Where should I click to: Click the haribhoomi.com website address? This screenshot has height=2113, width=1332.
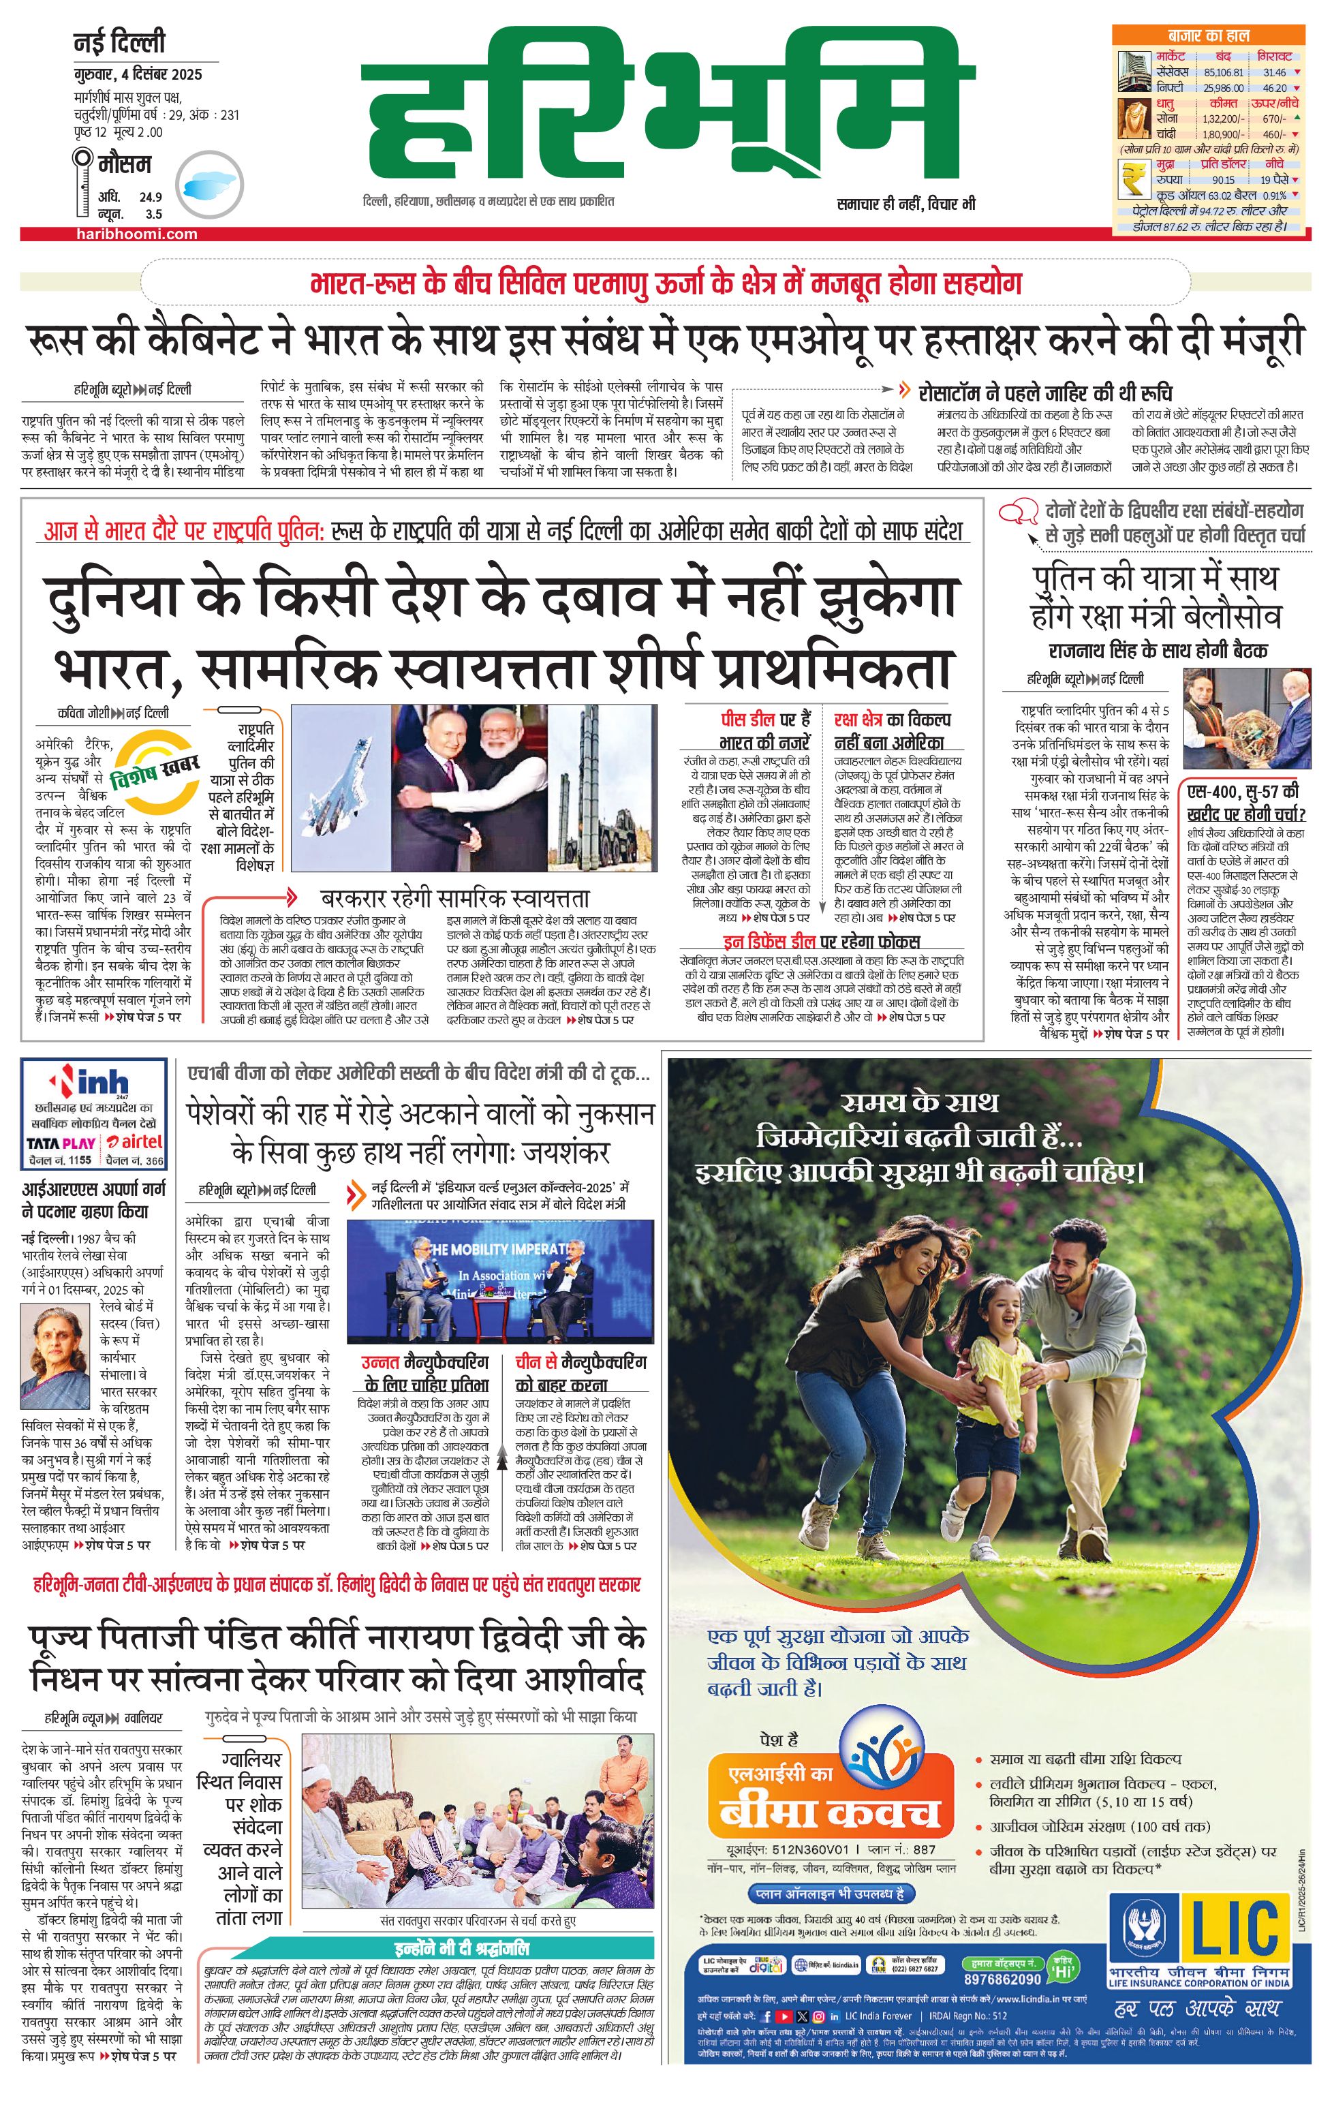[x=136, y=234]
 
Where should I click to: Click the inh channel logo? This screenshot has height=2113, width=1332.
[x=91, y=1082]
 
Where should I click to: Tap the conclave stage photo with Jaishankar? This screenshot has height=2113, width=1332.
[x=500, y=1281]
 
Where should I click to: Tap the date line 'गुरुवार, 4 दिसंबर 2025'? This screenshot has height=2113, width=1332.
[x=138, y=74]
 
